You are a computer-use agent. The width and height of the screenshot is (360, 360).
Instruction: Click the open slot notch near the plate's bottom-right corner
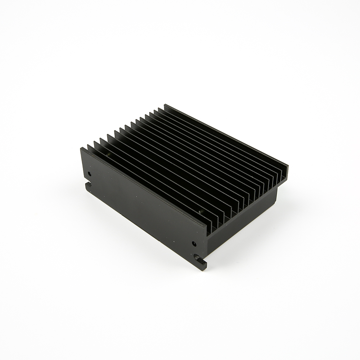(x=199, y=257)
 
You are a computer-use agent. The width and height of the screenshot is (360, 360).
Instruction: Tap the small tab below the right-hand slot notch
(x=203, y=265)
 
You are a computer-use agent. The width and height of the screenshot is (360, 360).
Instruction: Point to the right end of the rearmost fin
(x=288, y=166)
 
